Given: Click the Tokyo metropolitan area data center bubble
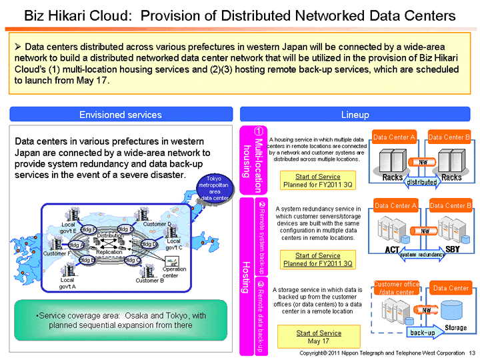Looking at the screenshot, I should [215, 187].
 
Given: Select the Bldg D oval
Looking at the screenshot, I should [149, 245].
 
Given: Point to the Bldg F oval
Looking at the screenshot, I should [88, 230].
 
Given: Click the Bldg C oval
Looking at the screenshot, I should [132, 260].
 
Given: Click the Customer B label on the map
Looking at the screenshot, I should [149, 281].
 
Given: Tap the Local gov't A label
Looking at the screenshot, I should [67, 283].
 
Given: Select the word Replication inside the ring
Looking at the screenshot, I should [109, 252].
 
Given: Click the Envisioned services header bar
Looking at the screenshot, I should [120, 115].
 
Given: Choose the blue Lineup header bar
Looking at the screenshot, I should [355, 115].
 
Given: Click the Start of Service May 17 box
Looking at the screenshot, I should [318, 337].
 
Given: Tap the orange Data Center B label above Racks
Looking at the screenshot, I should [449, 137].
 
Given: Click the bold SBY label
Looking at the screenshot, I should [453, 249].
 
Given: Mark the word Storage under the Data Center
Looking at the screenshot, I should [455, 327].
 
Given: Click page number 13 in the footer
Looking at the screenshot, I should [472, 352].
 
